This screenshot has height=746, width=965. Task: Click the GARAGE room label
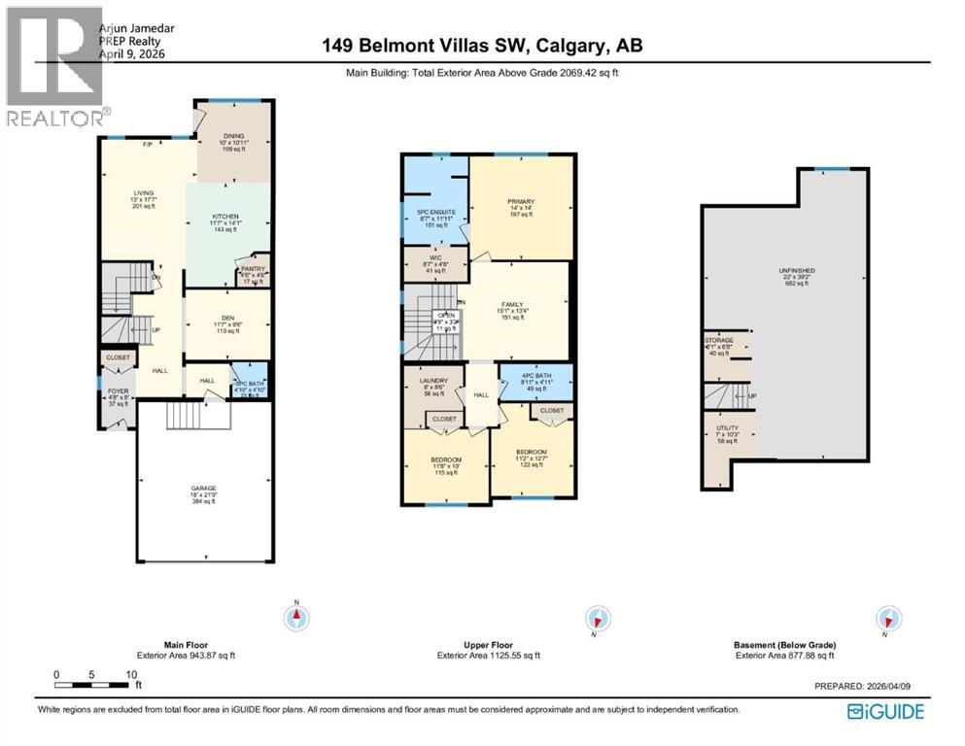click(203, 488)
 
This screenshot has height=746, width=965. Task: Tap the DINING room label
click(232, 137)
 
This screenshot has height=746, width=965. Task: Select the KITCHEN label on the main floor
click(226, 217)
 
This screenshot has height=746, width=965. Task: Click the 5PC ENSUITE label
click(435, 212)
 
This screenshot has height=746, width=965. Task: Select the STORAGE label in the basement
click(720, 340)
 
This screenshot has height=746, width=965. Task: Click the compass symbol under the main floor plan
click(294, 617)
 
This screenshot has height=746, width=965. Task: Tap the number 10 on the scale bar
click(128, 674)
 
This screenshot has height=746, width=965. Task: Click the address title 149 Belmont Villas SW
click(480, 46)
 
